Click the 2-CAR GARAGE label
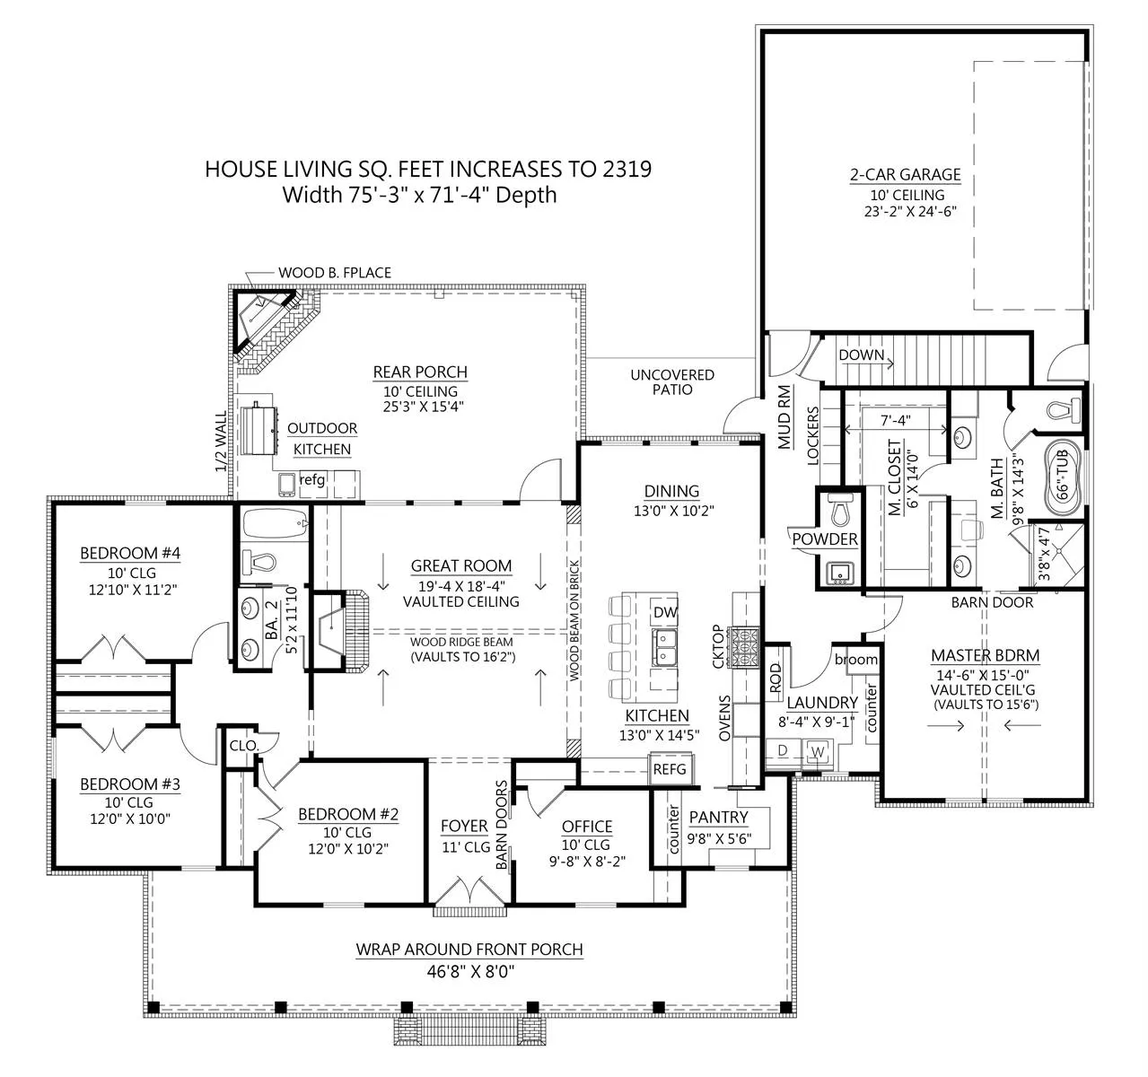coord(906,175)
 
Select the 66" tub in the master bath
coord(1063,480)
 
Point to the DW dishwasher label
coord(665,612)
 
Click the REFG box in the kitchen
coord(670,769)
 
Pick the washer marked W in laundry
coord(818,752)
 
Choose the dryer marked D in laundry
coord(784,751)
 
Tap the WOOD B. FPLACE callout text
coord(335,273)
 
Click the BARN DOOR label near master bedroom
coord(992,602)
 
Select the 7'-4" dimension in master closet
coord(896,420)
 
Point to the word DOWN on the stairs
coord(862,355)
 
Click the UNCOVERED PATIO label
coord(672,382)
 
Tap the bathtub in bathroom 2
coord(276,524)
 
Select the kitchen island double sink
coord(665,647)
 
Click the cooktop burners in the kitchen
coord(745,647)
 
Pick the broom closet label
coord(856,660)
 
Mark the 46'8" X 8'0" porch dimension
coord(470,972)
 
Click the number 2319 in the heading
coord(627,169)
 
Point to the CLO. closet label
coord(244,746)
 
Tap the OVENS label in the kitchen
coord(724,718)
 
